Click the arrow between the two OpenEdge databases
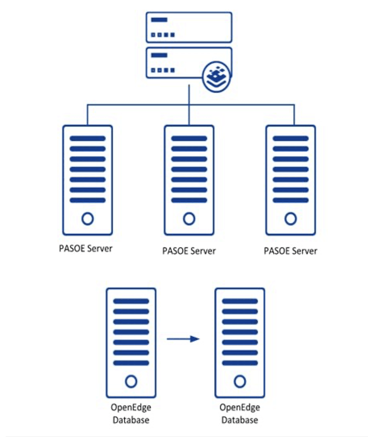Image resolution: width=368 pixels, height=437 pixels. pos(183,339)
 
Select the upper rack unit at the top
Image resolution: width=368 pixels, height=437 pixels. pos(189,27)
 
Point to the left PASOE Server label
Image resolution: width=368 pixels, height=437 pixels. pos(86,248)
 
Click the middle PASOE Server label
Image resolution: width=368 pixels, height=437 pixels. pos(189,251)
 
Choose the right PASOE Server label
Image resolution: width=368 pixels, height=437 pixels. pos(291,251)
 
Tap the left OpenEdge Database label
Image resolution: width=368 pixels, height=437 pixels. pos(131,414)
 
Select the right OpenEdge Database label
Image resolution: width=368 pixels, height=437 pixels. pos(240,414)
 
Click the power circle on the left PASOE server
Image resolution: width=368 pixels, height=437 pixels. pos(88,219)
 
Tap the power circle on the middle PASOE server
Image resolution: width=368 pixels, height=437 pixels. pos(189,219)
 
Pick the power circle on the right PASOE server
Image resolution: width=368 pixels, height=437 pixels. pos(291,219)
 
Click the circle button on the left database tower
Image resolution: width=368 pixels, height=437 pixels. pos(131,381)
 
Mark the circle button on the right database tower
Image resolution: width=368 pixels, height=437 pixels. pos(240,381)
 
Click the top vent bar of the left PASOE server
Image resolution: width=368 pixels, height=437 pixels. pos(88,139)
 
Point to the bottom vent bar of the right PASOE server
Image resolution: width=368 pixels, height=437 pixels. pos(291,200)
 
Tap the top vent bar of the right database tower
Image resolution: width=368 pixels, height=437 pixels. pos(240,301)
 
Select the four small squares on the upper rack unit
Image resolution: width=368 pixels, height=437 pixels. pos(163,35)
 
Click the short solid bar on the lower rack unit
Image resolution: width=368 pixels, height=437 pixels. pos(159,55)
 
